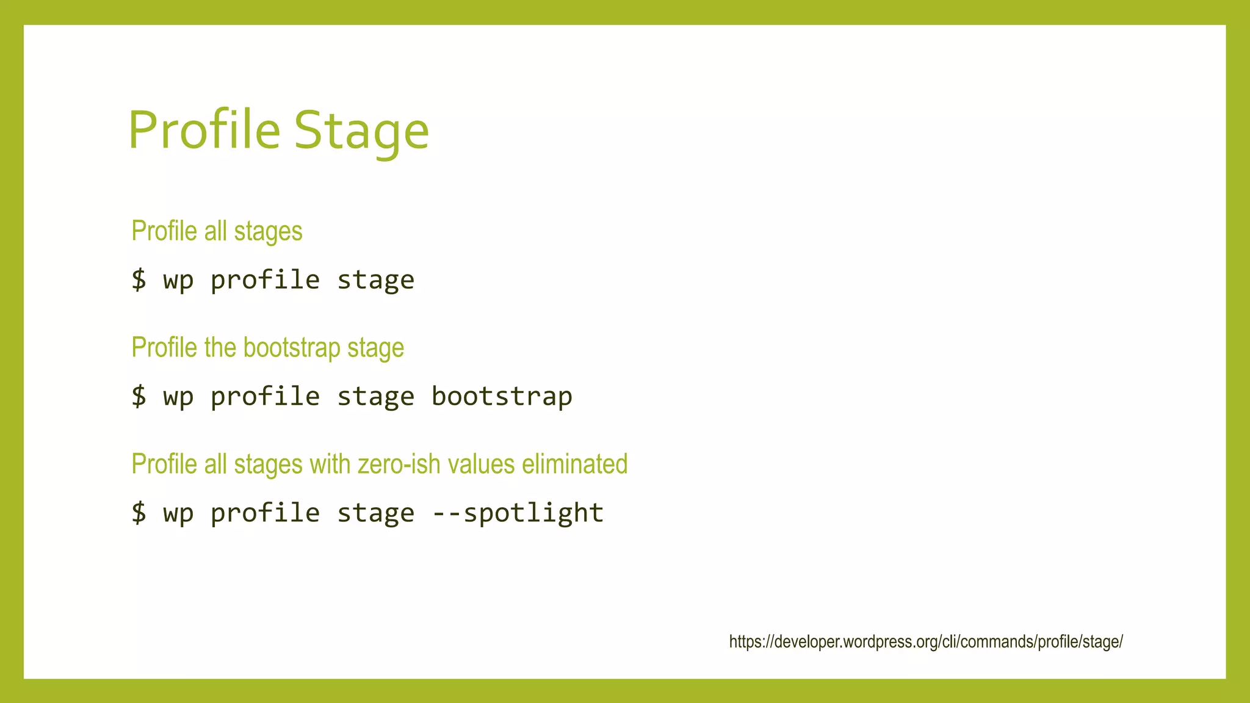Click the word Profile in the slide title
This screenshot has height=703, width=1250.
(x=204, y=130)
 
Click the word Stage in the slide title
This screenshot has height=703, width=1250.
(x=361, y=131)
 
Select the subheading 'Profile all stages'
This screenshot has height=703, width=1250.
(x=217, y=231)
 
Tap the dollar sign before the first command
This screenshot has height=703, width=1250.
(x=139, y=279)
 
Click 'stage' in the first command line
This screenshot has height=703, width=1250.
(x=375, y=280)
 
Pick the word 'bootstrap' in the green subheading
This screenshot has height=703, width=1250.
(x=292, y=348)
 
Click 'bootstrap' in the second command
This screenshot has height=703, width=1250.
(x=502, y=397)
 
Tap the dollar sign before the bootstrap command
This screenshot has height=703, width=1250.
(x=139, y=396)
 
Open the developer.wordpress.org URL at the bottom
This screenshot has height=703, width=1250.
(x=925, y=642)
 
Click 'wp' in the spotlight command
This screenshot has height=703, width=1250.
(x=178, y=513)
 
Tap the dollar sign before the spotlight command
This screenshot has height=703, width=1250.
(x=139, y=513)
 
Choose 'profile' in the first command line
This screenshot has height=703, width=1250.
(x=265, y=280)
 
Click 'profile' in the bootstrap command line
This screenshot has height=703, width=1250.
(x=265, y=397)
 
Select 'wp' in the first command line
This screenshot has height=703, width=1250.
(x=178, y=280)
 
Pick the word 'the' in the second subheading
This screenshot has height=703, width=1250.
(x=220, y=348)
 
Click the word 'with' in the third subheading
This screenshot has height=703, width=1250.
(x=330, y=464)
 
